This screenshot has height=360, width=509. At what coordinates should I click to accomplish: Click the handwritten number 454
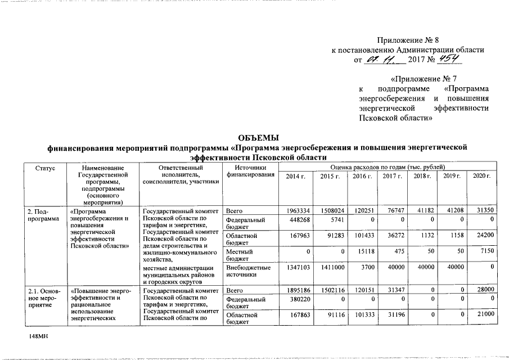point(449,59)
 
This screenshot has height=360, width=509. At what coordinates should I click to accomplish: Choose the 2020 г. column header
point(481,177)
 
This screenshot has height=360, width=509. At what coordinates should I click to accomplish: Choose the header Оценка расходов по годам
point(388,167)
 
